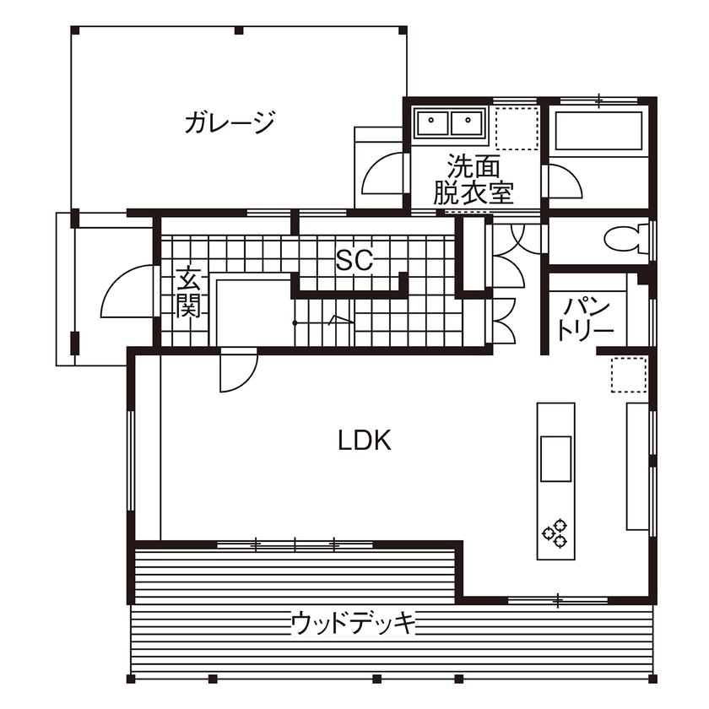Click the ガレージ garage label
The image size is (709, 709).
point(230,124)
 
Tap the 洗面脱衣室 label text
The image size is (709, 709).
point(474,179)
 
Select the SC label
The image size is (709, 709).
point(354,260)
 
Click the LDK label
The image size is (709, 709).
point(365,440)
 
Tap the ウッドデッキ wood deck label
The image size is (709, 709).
point(354,624)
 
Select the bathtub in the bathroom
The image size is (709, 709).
point(598,130)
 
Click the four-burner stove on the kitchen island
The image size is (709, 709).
point(555,532)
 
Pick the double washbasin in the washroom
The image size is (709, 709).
point(448,123)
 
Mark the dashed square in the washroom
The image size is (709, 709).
point(517,128)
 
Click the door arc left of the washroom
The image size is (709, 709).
point(384,175)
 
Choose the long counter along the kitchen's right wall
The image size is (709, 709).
point(636,466)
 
